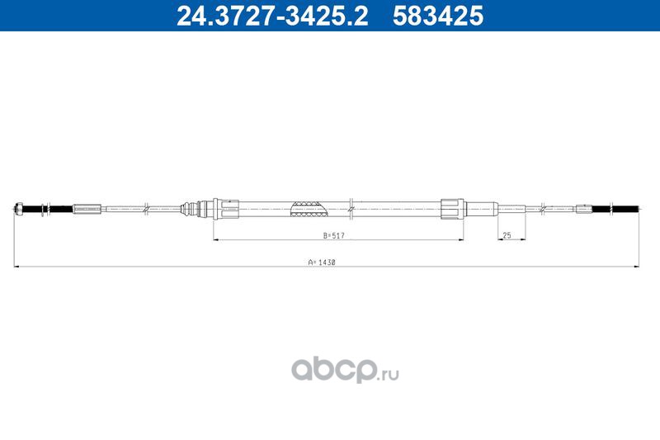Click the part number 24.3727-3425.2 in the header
pyautogui.click(x=272, y=16)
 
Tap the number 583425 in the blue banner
pyautogui.click(x=438, y=16)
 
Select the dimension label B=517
pyautogui.click(x=334, y=235)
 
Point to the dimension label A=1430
pyautogui.click(x=322, y=262)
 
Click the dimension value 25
pyautogui.click(x=507, y=235)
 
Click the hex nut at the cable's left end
pyautogui.click(x=18, y=208)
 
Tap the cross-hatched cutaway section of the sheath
pyautogui.click(x=309, y=209)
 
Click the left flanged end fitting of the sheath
pyautogui.click(x=226, y=209)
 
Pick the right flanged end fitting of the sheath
pyautogui.click(x=452, y=209)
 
